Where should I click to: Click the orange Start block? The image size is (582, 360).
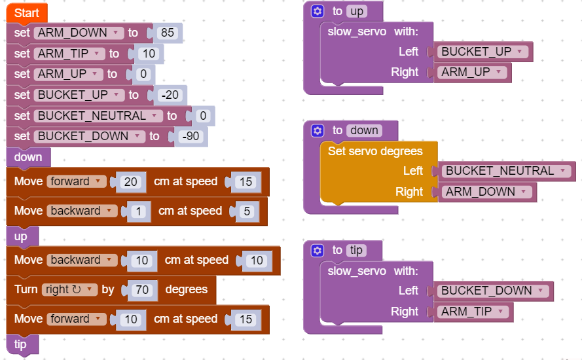(x=26, y=12)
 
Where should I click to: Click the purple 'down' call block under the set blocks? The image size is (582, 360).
(x=28, y=157)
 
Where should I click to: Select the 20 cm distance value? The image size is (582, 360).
(x=131, y=181)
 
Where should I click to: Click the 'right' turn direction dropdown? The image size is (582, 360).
(x=69, y=289)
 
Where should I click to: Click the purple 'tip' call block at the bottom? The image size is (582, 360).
(x=20, y=344)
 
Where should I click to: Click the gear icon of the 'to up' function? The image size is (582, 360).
(x=318, y=11)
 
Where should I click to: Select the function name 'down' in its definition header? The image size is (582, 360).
(x=364, y=130)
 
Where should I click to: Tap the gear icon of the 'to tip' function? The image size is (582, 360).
(x=318, y=250)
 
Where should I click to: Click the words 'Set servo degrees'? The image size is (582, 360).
(x=375, y=151)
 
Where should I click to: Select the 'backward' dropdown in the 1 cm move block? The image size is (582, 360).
(x=82, y=211)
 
